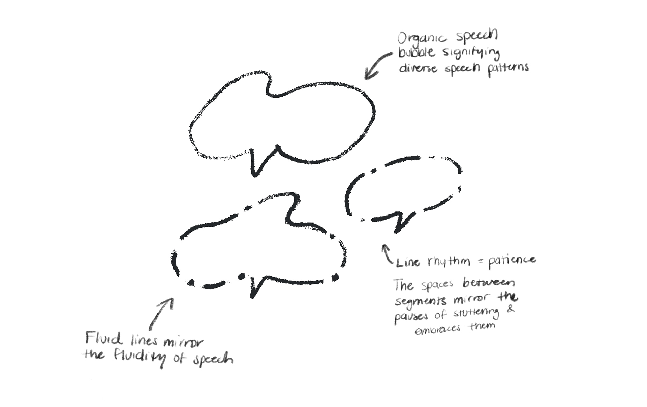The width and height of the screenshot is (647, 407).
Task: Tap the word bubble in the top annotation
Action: [x=417, y=53]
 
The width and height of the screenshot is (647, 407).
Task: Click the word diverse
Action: [x=418, y=68]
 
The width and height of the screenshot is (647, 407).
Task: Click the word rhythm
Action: [x=449, y=261]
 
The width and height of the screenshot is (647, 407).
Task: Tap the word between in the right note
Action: [x=489, y=283]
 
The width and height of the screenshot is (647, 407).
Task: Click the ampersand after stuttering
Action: [x=511, y=309]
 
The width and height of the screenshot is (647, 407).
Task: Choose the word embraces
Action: [x=437, y=329]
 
